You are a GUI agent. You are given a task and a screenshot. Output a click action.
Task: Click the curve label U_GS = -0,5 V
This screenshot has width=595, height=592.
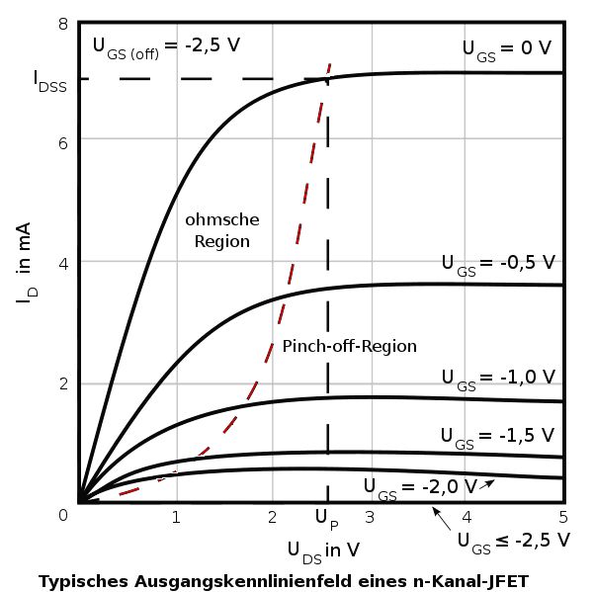pyautogui.click(x=498, y=264)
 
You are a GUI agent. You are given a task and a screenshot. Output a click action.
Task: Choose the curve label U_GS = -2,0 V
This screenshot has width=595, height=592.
pyautogui.click(x=419, y=485)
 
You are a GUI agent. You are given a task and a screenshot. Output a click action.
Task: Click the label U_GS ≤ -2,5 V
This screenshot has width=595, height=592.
pyautogui.click(x=513, y=540)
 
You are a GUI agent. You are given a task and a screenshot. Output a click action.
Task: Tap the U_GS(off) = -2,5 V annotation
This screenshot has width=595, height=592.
pyautogui.click(x=166, y=45)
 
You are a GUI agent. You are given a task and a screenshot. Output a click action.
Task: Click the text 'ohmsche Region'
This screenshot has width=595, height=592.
pyautogui.click(x=221, y=229)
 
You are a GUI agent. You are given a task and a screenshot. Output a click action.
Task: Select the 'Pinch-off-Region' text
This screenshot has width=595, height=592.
pyautogui.click(x=349, y=347)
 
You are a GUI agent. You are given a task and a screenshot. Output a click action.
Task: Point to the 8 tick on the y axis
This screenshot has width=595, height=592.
pyautogui.click(x=63, y=24)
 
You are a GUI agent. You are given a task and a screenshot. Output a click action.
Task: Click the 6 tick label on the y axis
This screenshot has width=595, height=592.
pyautogui.click(x=63, y=140)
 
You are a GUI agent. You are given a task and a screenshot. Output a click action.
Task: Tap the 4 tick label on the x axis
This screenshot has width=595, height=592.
pyautogui.click(x=466, y=516)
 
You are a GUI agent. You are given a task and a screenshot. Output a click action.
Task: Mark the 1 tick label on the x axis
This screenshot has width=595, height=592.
pyautogui.click(x=175, y=516)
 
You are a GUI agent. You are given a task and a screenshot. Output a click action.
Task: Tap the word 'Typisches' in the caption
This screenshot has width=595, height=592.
pyautogui.click(x=81, y=581)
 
